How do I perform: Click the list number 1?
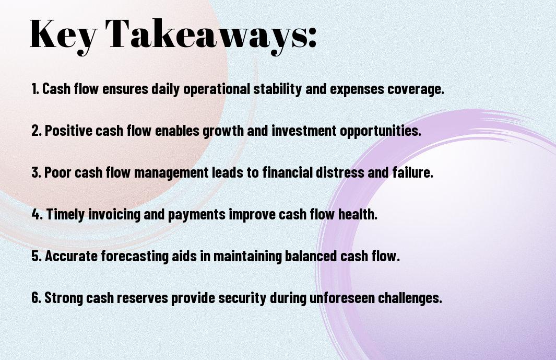(x=35, y=89)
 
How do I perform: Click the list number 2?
(x=36, y=131)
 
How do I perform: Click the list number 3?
(x=36, y=172)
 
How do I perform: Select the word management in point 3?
(x=171, y=173)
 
